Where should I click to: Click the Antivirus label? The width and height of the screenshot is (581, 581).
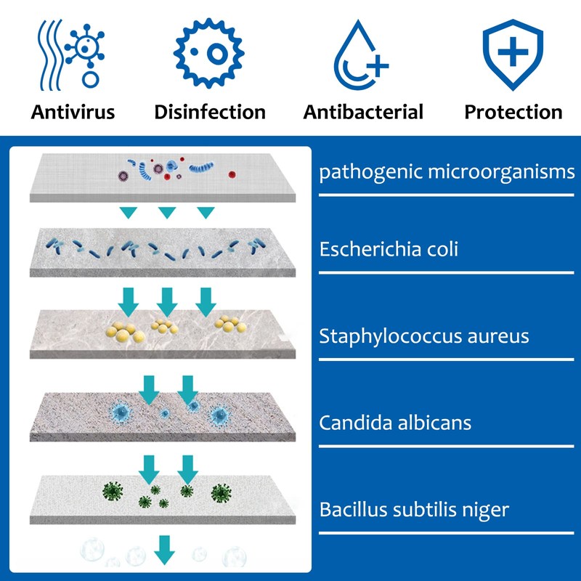73,112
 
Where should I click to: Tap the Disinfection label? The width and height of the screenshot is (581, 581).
210,112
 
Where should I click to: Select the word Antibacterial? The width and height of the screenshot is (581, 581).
363,112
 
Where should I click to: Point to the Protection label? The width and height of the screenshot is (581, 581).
513,112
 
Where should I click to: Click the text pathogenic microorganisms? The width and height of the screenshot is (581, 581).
447,173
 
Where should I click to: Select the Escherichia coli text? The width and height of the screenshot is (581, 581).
389,249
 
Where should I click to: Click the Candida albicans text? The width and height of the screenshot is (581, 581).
395,422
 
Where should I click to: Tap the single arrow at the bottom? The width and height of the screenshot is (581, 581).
165,550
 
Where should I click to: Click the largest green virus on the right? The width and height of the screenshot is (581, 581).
220,494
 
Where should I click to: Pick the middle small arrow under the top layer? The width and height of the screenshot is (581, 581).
167,213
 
